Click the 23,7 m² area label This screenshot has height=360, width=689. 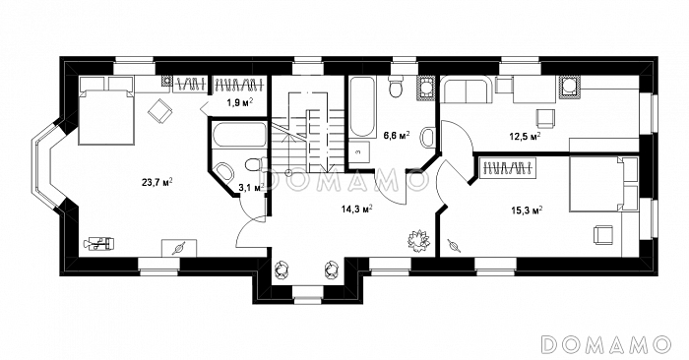[157, 182]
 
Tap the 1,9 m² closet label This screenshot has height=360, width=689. [239, 102]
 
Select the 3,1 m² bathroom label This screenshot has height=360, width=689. [251, 188]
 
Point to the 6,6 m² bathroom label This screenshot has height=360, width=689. [397, 135]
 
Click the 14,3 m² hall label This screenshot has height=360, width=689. [356, 209]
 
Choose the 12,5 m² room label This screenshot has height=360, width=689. [525, 137]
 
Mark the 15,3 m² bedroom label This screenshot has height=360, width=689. [527, 210]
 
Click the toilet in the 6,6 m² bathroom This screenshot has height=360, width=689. [397, 86]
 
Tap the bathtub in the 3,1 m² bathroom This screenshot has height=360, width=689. [239, 135]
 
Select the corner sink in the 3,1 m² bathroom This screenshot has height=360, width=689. [224, 171]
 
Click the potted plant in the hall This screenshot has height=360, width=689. [418, 240]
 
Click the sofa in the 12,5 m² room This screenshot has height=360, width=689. [466, 90]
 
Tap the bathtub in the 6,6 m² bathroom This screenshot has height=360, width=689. [362, 106]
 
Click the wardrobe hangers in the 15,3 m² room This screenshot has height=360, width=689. [509, 168]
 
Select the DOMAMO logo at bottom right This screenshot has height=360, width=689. [606, 343]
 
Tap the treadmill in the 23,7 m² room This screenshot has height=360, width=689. [99, 243]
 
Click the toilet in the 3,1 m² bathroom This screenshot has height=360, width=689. [254, 164]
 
